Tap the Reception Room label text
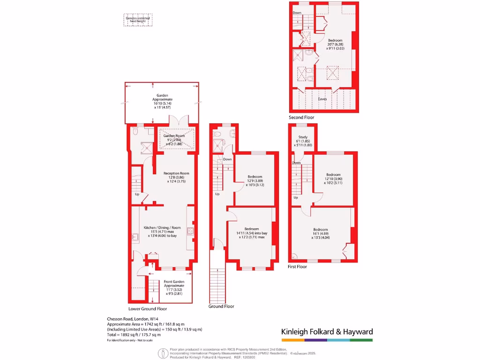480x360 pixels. click(x=176, y=173)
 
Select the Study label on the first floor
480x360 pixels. click(x=302, y=137)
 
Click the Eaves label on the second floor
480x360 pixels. click(x=322, y=99)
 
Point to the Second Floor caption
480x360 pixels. click(x=302, y=117)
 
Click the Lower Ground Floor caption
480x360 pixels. click(x=148, y=309)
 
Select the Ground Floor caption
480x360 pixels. click(x=221, y=306)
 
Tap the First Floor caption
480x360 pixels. click(x=297, y=266)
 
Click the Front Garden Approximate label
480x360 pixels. click(x=174, y=284)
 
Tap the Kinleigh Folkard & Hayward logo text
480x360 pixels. click(x=327, y=332)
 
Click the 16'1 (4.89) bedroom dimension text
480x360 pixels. click(x=321, y=233)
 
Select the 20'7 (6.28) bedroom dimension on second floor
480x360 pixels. click(x=335, y=45)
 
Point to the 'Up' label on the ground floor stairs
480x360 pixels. click(x=217, y=194)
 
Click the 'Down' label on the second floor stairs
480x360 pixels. click(x=297, y=13)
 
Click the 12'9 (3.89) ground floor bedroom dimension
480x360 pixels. click(x=255, y=181)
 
